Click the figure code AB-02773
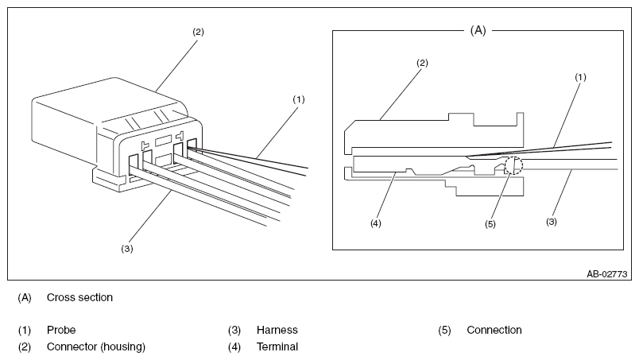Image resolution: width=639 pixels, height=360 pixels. click(606, 274)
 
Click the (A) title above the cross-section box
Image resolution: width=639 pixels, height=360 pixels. click(478, 30)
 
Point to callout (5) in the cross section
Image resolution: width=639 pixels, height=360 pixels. click(490, 224)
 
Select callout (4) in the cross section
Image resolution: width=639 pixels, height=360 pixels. click(375, 223)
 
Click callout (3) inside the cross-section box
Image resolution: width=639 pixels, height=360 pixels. click(552, 222)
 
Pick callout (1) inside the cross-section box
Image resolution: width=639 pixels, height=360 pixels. click(580, 77)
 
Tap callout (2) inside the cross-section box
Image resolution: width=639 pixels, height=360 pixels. click(422, 63)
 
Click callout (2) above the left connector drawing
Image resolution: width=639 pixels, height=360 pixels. click(198, 32)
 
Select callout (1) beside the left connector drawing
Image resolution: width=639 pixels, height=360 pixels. click(299, 99)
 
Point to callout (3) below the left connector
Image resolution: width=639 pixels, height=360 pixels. click(126, 249)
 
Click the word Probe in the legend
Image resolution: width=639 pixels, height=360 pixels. click(61, 330)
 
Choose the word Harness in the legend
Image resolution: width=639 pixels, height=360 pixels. click(277, 330)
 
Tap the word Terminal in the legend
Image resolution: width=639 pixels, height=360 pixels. click(277, 346)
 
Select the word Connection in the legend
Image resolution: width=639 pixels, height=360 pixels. click(494, 330)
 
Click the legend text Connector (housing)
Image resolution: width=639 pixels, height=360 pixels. click(96, 347)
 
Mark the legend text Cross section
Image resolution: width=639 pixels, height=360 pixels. click(79, 297)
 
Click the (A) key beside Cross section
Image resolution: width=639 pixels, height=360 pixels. click(25, 298)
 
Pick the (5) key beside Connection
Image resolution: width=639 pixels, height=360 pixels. click(444, 331)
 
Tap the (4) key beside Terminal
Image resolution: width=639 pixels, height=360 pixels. click(234, 347)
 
